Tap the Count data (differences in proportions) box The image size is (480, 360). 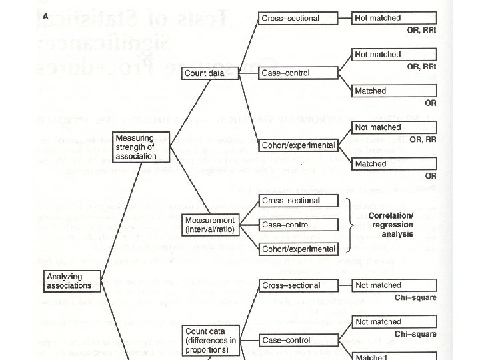tap(211, 340)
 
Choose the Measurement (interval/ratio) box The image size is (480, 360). tap(210, 224)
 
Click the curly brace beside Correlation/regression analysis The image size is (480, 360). tap(350, 225)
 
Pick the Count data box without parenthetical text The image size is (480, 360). tap(205, 73)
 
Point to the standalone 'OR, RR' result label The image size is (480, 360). tap(423, 139)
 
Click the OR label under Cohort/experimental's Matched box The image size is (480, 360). tap(430, 176)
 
